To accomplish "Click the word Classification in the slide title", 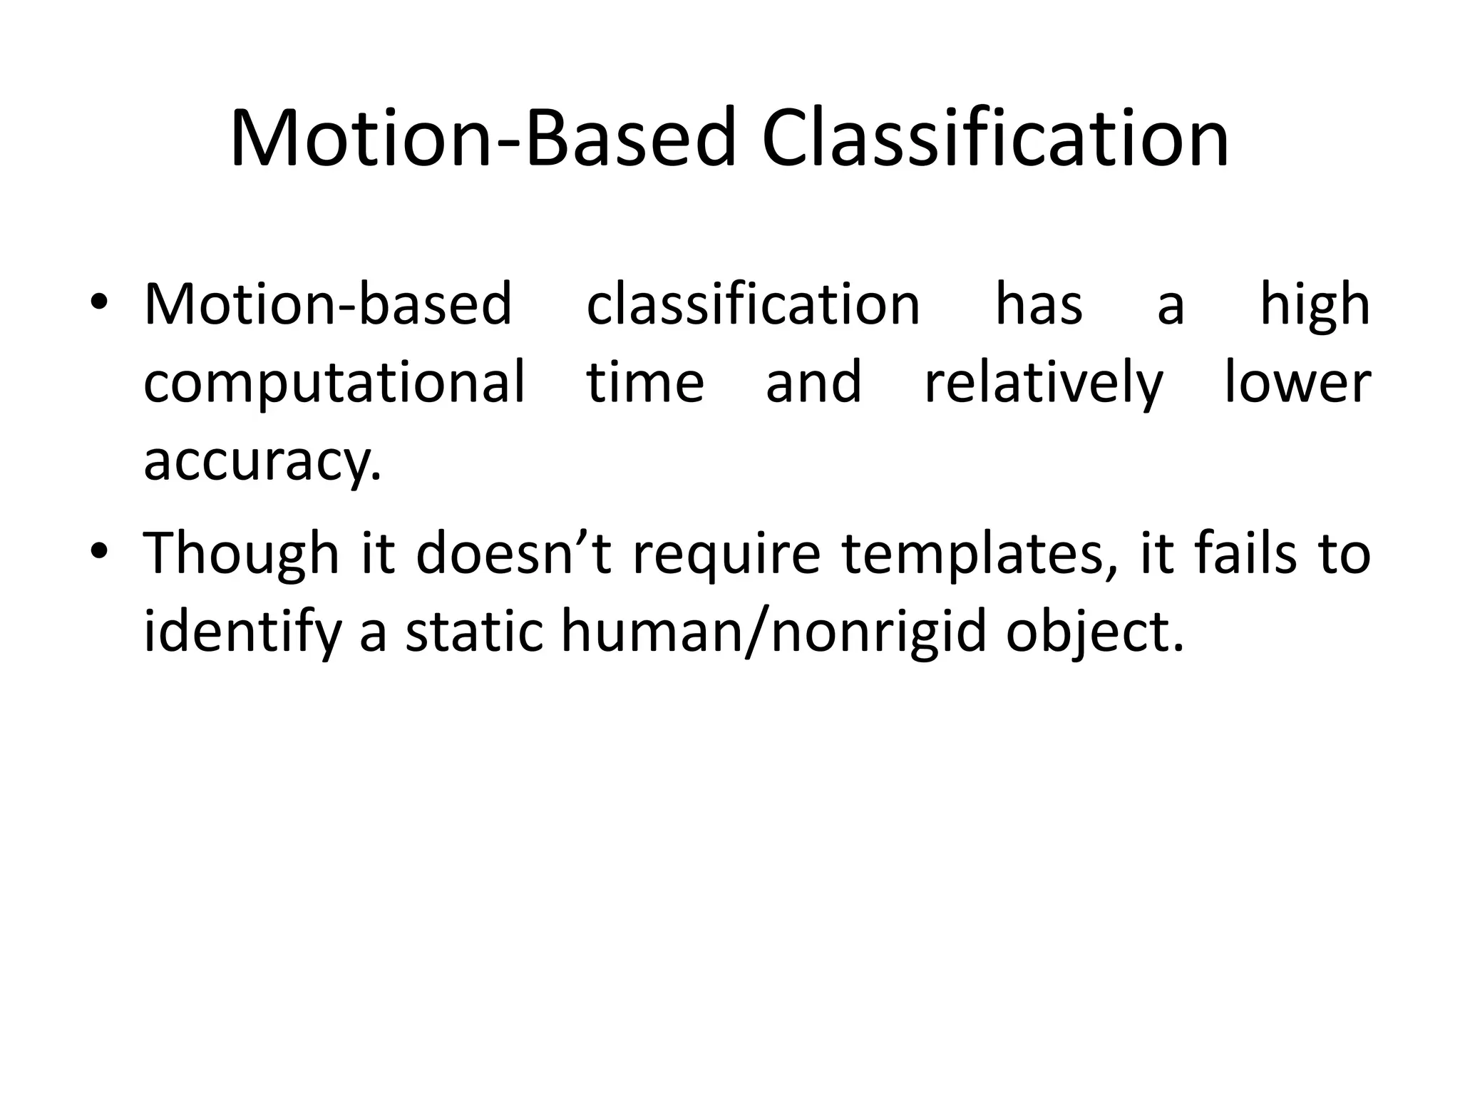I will (x=994, y=137).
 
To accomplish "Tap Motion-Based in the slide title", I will (x=482, y=137).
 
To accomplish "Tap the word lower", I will (x=1297, y=382).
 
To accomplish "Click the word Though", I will (x=242, y=555).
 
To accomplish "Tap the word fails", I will (x=1245, y=553).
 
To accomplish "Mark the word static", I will (x=474, y=632).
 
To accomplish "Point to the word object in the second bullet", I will (x=1094, y=633).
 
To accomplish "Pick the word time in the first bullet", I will (x=645, y=382).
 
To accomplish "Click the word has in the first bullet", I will (x=1039, y=304).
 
